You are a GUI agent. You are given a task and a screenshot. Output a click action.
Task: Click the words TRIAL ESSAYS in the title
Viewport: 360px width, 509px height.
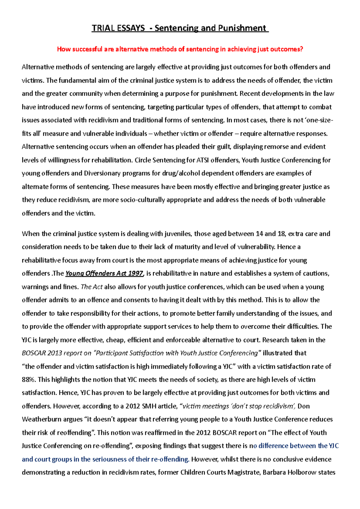point(118,28)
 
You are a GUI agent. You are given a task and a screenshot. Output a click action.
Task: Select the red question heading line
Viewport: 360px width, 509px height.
point(180,49)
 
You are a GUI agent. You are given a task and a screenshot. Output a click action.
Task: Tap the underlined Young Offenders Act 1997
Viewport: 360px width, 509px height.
point(104,273)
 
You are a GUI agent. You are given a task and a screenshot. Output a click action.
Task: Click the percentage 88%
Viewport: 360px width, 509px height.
point(28,380)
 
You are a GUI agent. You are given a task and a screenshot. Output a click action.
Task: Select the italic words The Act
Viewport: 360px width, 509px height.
point(92,287)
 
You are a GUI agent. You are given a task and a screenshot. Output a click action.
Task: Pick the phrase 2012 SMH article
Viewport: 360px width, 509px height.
point(151,406)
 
